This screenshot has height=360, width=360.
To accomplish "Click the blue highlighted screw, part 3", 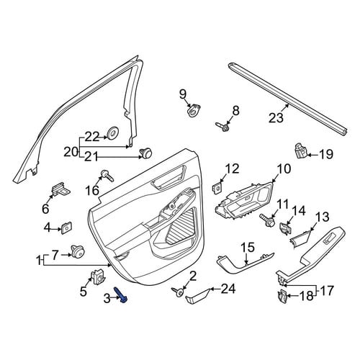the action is coord(121,295).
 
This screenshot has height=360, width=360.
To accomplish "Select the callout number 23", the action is coord(276,118).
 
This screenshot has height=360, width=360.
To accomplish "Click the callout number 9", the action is coord(183,94).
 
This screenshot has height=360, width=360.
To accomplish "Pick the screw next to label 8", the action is coord(222,127).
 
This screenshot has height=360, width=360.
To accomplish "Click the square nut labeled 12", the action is coord(217,187).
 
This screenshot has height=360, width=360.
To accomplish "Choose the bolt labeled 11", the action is coord(268,220).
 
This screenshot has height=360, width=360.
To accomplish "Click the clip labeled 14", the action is coord(286,228).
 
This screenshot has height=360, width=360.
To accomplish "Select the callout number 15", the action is coord(248,248).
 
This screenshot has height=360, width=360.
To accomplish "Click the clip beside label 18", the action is coord(282,296).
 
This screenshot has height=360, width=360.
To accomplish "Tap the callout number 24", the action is coord(228,289).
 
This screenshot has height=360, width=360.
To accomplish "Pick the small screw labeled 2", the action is coord(178,292).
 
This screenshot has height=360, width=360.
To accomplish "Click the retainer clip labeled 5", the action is coord(98,277).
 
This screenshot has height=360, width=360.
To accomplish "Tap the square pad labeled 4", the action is coord(67,228).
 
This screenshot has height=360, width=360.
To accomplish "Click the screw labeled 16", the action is coord(107,176).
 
